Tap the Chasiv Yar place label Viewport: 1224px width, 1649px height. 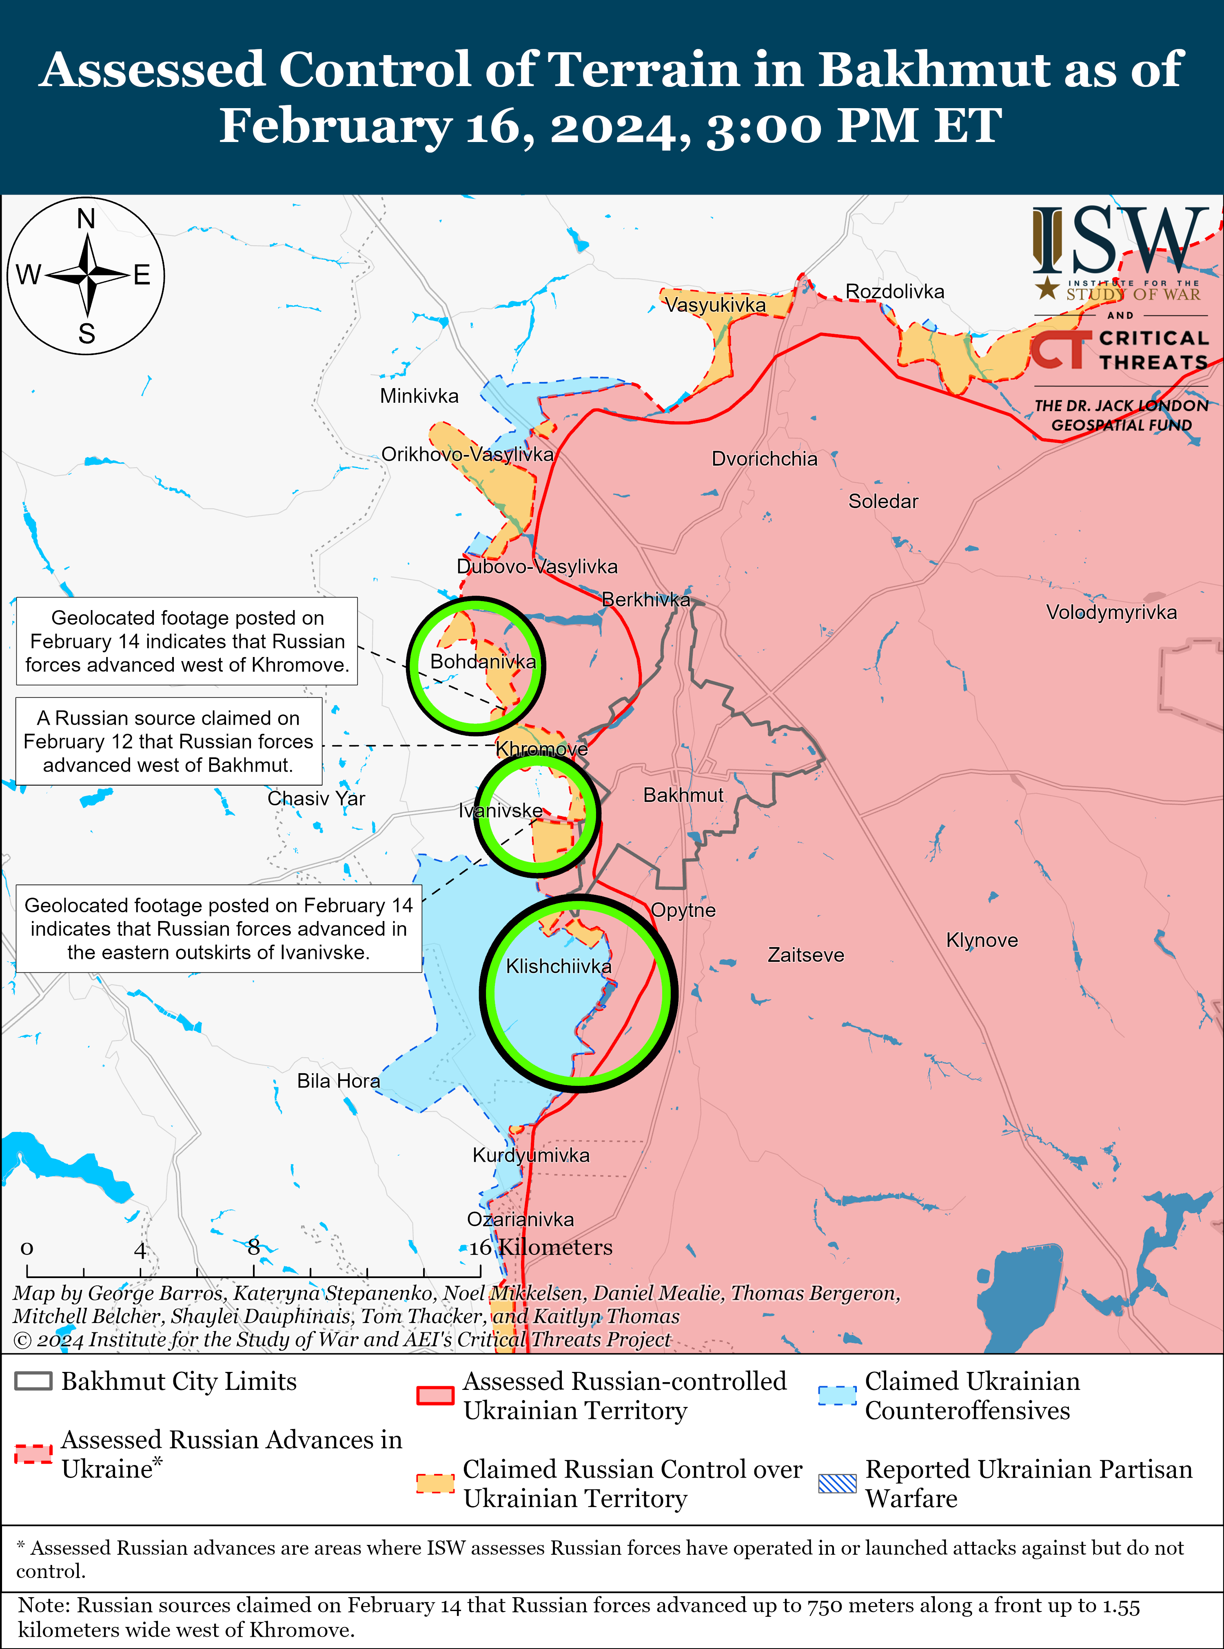[316, 798]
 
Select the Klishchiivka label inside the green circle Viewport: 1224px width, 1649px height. [559, 966]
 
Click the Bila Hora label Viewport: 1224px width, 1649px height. [338, 1081]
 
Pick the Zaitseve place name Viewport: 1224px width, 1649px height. [805, 954]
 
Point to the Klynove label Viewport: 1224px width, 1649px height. [982, 940]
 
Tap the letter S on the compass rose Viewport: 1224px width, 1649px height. [86, 333]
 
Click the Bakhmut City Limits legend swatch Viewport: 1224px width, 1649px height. [33, 1381]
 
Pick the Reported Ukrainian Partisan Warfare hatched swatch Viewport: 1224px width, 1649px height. [837, 1483]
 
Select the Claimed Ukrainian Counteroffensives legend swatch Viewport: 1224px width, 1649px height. [837, 1395]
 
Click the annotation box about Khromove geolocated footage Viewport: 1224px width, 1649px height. [187, 641]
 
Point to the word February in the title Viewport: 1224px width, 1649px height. [336, 125]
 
